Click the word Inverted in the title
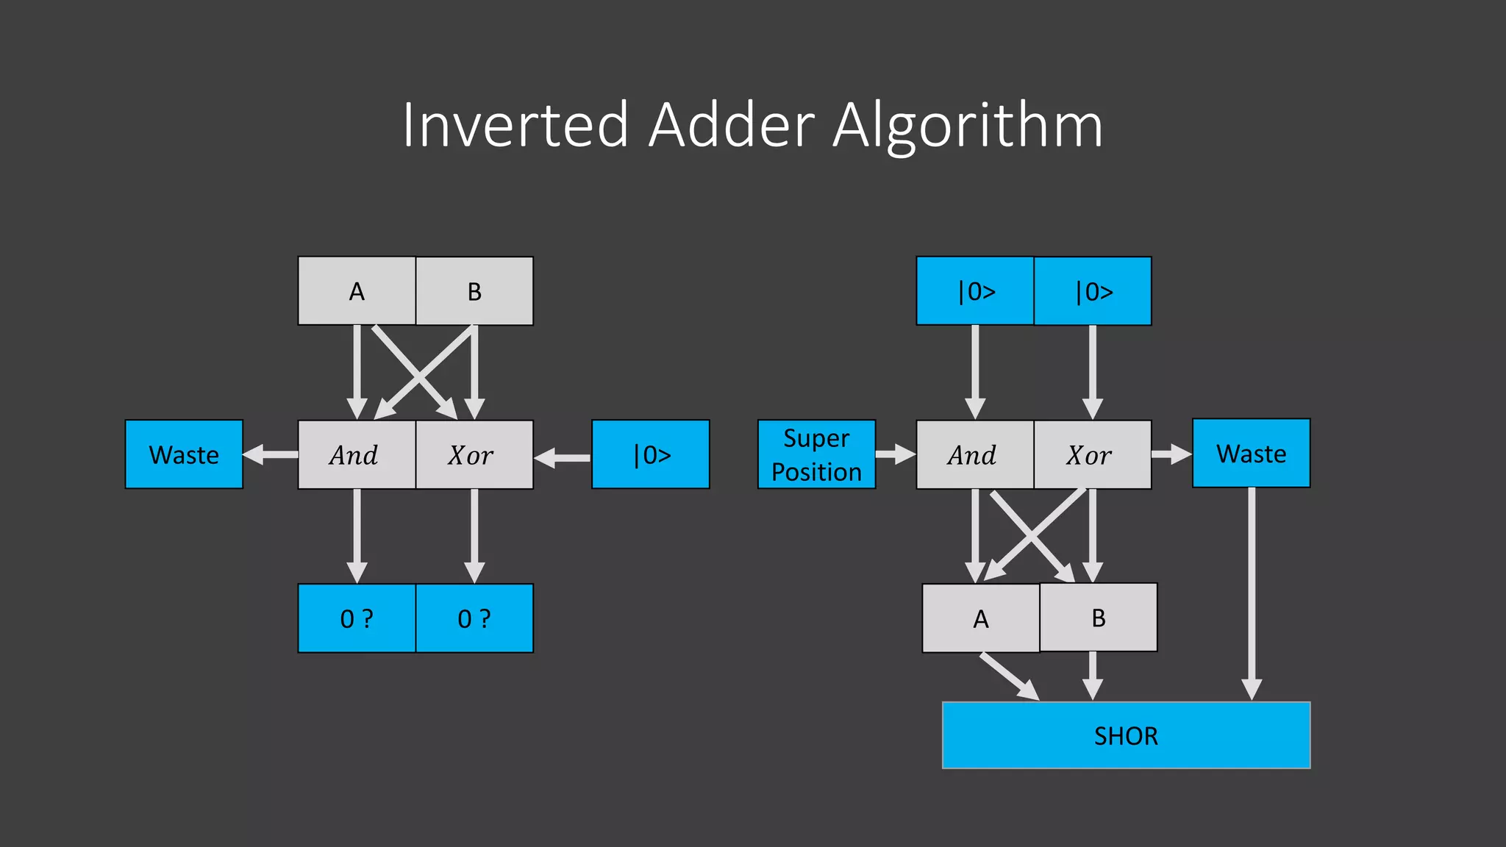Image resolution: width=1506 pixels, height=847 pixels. [515, 125]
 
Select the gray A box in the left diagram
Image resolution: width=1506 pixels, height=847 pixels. [357, 291]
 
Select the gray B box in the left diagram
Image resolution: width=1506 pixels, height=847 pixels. [474, 291]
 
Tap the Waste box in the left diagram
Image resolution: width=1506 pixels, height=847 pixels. [184, 454]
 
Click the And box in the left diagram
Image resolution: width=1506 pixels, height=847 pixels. [357, 454]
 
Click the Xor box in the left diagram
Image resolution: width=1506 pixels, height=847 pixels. [474, 454]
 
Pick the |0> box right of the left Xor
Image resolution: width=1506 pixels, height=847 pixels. [651, 454]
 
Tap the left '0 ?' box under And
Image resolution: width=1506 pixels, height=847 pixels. [357, 618]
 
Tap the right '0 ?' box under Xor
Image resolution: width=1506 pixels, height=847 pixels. [474, 618]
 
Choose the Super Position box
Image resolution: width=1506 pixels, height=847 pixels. [816, 454]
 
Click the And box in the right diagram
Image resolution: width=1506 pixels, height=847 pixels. [974, 454]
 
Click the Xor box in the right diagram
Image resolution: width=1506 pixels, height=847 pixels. [1092, 454]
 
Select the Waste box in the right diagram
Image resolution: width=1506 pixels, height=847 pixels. [1251, 453]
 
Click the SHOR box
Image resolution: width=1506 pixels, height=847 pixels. [1126, 735]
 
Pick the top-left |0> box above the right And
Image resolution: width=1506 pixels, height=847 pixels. [974, 291]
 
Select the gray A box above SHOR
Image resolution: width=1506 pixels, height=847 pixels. [980, 618]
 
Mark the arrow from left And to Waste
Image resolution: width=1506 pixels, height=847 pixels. [271, 454]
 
